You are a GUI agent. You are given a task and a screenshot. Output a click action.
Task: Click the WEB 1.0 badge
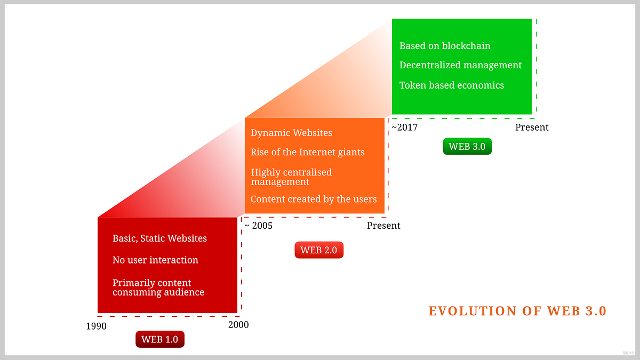pyautogui.click(x=160, y=339)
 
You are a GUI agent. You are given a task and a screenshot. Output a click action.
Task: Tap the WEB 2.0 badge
pyautogui.click(x=319, y=250)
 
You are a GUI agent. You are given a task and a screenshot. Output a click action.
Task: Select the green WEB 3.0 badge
pyautogui.click(x=467, y=147)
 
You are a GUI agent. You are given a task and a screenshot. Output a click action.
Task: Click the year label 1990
pyautogui.click(x=96, y=326)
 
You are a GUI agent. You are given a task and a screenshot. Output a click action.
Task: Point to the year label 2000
pyautogui.click(x=238, y=324)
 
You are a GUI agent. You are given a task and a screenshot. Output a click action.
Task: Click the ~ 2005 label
pyautogui.click(x=258, y=226)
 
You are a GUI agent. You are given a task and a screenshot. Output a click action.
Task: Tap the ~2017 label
pyautogui.click(x=405, y=127)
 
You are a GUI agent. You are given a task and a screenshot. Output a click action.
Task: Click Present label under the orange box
pyautogui.click(x=383, y=226)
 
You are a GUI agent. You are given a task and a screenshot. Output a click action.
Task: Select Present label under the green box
pyautogui.click(x=532, y=127)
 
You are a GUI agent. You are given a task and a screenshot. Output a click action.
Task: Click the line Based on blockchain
pyautogui.click(x=445, y=46)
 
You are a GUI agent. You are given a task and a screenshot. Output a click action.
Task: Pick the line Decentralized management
pyautogui.click(x=460, y=65)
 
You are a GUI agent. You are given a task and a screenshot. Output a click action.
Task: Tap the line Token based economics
pyautogui.click(x=451, y=85)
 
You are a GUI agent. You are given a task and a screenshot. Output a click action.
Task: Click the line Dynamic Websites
pyautogui.click(x=291, y=133)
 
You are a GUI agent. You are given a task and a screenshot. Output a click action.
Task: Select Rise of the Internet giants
pyautogui.click(x=308, y=153)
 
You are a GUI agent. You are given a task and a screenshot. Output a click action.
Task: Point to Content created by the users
pyautogui.click(x=314, y=199)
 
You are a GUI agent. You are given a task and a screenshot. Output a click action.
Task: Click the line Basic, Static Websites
pyautogui.click(x=159, y=238)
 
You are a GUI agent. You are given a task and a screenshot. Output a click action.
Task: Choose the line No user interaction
pyautogui.click(x=155, y=260)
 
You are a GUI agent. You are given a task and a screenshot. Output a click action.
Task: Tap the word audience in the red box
pyautogui.click(x=184, y=292)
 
